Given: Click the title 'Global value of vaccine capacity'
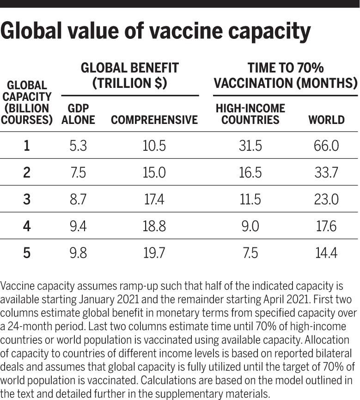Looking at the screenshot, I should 155,32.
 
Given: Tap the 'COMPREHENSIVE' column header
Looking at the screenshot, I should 154,120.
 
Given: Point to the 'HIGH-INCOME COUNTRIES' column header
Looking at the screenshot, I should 250,114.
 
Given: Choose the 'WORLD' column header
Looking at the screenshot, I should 326,120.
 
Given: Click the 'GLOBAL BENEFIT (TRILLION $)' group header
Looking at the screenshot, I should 129,75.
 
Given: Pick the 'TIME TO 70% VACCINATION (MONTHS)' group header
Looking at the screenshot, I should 286,75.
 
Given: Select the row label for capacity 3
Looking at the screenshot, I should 26,199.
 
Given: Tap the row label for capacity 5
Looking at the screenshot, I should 26,253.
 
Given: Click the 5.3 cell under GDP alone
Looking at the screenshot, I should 78,146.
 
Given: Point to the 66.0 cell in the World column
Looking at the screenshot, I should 326,146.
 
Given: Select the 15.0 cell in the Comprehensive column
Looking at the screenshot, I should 153,173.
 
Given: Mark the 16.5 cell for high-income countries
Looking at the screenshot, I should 250,173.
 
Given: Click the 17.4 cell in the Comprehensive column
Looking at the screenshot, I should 153,199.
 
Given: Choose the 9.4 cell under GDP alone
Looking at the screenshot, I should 78,226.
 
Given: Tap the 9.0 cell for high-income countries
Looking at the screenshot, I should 250,226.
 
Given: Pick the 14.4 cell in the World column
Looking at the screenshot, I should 326,253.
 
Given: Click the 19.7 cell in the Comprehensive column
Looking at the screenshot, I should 153,253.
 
